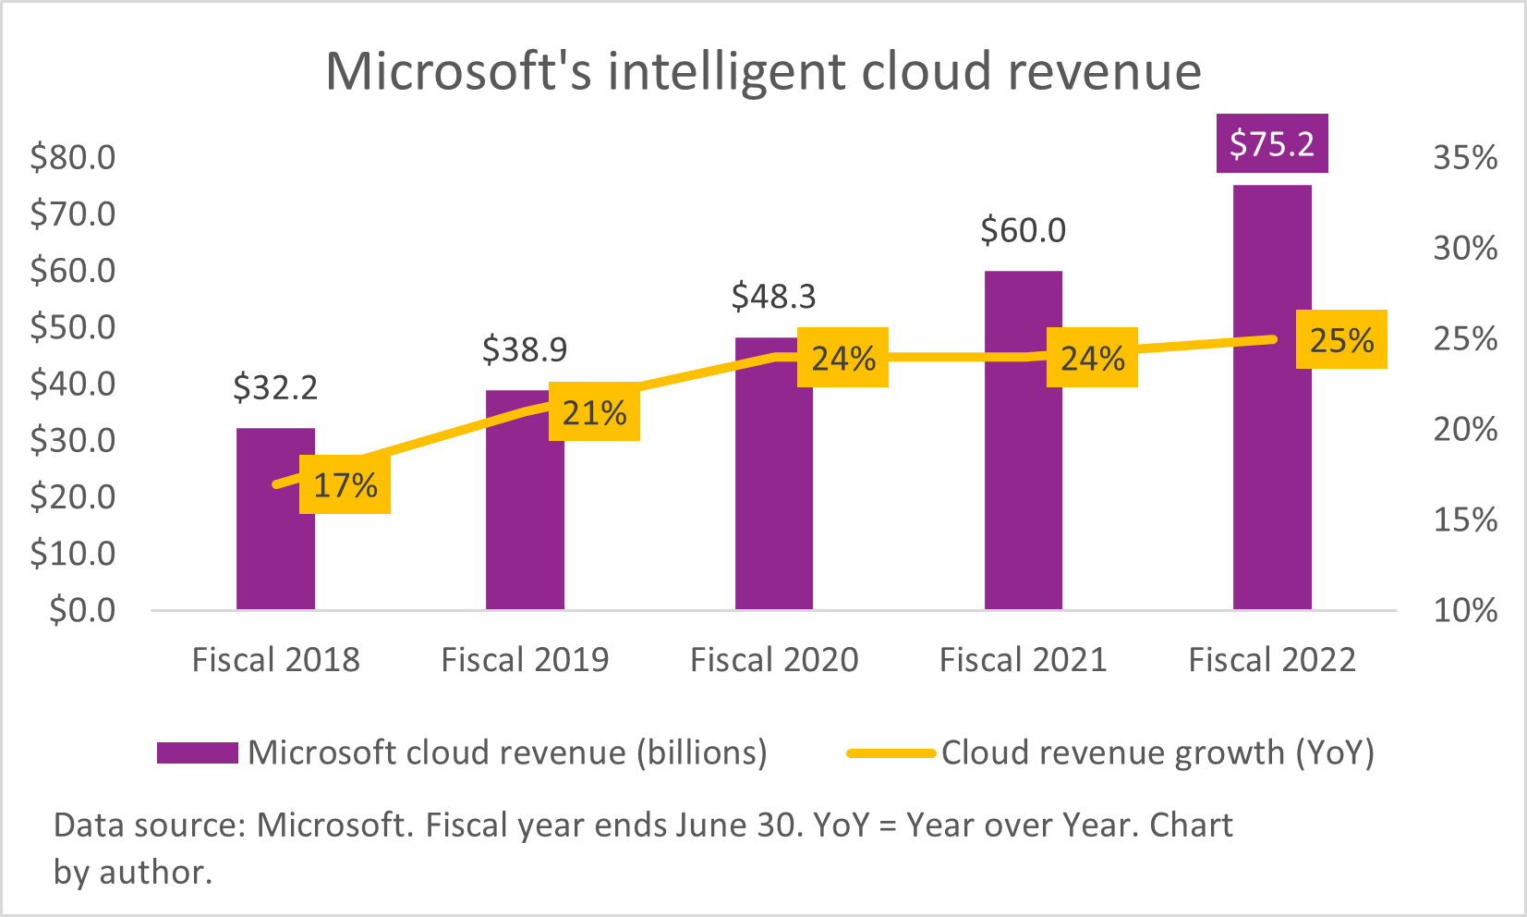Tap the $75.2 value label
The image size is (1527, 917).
pyautogui.click(x=1272, y=143)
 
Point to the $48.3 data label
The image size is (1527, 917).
pyautogui.click(x=773, y=296)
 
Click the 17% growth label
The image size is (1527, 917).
pyautogui.click(x=345, y=484)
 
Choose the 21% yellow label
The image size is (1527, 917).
pyautogui.click(x=594, y=412)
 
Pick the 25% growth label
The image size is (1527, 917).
pyautogui.click(x=1341, y=339)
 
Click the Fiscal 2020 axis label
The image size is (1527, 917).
pyautogui.click(x=773, y=660)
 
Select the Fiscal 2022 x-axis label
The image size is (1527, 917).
pyautogui.click(x=1272, y=660)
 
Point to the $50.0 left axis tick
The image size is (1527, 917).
pyautogui.click(x=73, y=327)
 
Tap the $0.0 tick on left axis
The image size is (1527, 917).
pyautogui.click(x=82, y=610)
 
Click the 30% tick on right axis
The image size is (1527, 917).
pyautogui.click(x=1465, y=248)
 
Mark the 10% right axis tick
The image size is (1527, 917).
pyautogui.click(x=1465, y=610)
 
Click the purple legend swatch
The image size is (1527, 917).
pyautogui.click(x=197, y=752)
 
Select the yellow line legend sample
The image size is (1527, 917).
pyautogui.click(x=891, y=752)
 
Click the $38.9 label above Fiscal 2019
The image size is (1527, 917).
pyautogui.click(x=525, y=349)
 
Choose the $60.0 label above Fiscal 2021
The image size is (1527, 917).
pyautogui.click(x=1023, y=229)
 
